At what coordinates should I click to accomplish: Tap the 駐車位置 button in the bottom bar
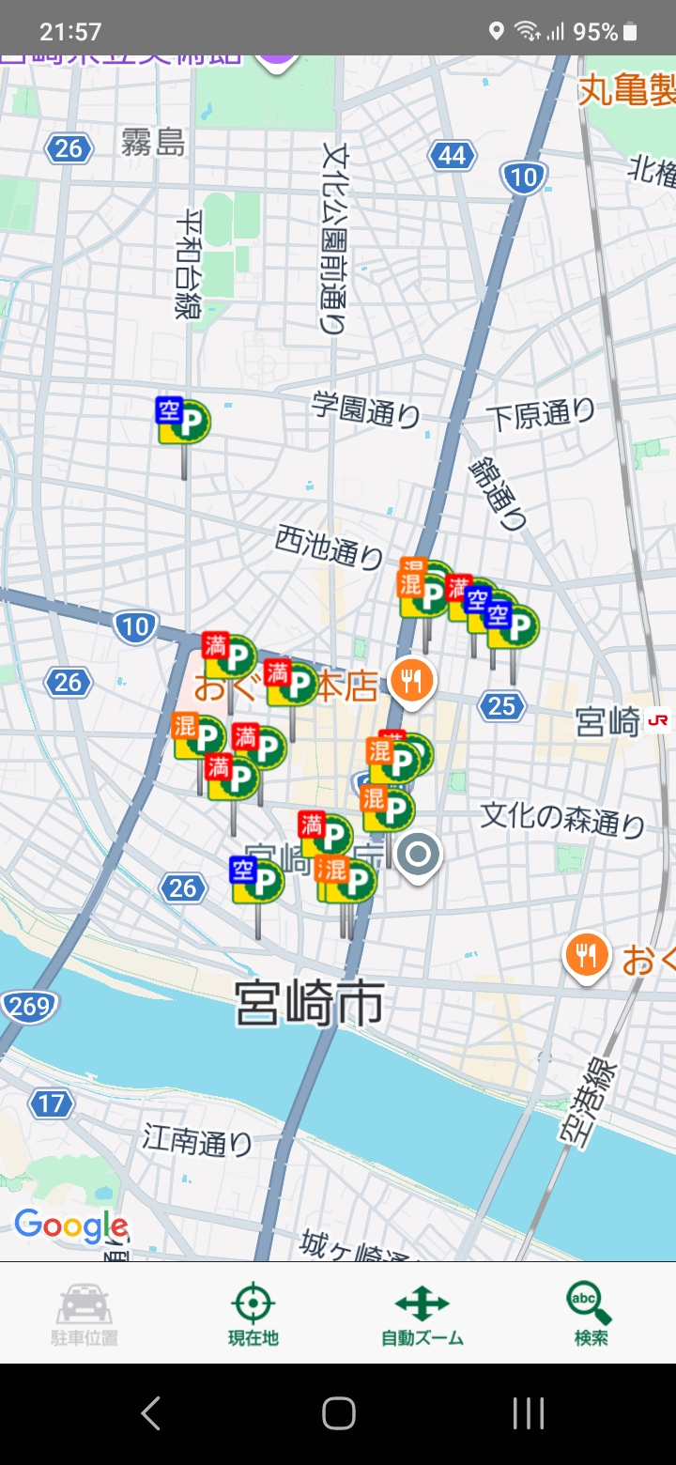pos(84,1313)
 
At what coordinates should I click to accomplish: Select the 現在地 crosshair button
pos(253,1313)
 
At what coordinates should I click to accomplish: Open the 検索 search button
pos(591,1313)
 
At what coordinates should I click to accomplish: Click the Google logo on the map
pos(71,1226)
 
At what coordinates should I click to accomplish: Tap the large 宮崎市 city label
pos(309,1004)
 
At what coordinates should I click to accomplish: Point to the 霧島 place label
pos(153,143)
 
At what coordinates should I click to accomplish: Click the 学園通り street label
pos(365,410)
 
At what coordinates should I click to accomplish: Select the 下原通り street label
pos(541,414)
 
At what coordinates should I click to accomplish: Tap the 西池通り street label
pos(329,546)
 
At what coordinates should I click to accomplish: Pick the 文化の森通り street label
pos(562,818)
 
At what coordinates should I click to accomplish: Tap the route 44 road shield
pos(452,155)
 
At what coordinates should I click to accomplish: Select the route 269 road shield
pos(27,1008)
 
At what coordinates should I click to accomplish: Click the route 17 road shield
pos(51,1103)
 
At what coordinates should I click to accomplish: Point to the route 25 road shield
pos(501,705)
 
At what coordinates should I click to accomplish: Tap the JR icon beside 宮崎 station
pos(657,721)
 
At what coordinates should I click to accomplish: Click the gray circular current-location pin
pos(418,856)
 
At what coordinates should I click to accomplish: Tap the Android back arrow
pos(151,1412)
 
